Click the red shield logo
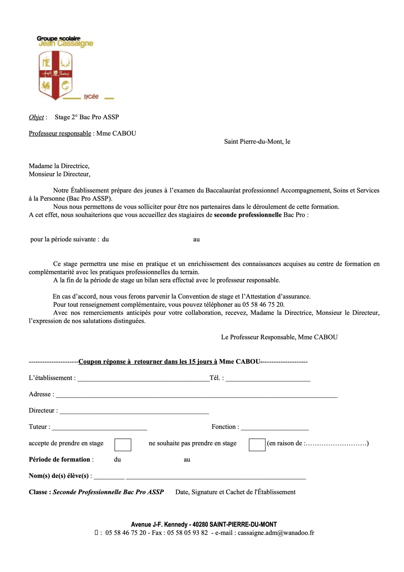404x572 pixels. (55, 75)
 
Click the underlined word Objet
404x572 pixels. (36, 117)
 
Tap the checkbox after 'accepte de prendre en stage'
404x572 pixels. (123, 445)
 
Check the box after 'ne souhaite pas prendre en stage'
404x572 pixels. (257, 445)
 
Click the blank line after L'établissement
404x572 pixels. (143, 379)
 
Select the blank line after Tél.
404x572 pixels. (268, 379)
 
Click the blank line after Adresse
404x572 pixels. (196, 395)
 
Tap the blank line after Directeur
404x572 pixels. (134, 411)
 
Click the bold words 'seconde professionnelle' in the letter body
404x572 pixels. (248, 215)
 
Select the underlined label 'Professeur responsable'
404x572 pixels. (60, 134)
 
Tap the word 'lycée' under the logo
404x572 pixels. (91, 97)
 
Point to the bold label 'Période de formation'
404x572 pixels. (59, 460)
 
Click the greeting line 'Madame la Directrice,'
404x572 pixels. (59, 166)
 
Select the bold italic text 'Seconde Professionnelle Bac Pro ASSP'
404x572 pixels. (108, 492)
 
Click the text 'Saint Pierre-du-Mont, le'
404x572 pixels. (257, 142)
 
